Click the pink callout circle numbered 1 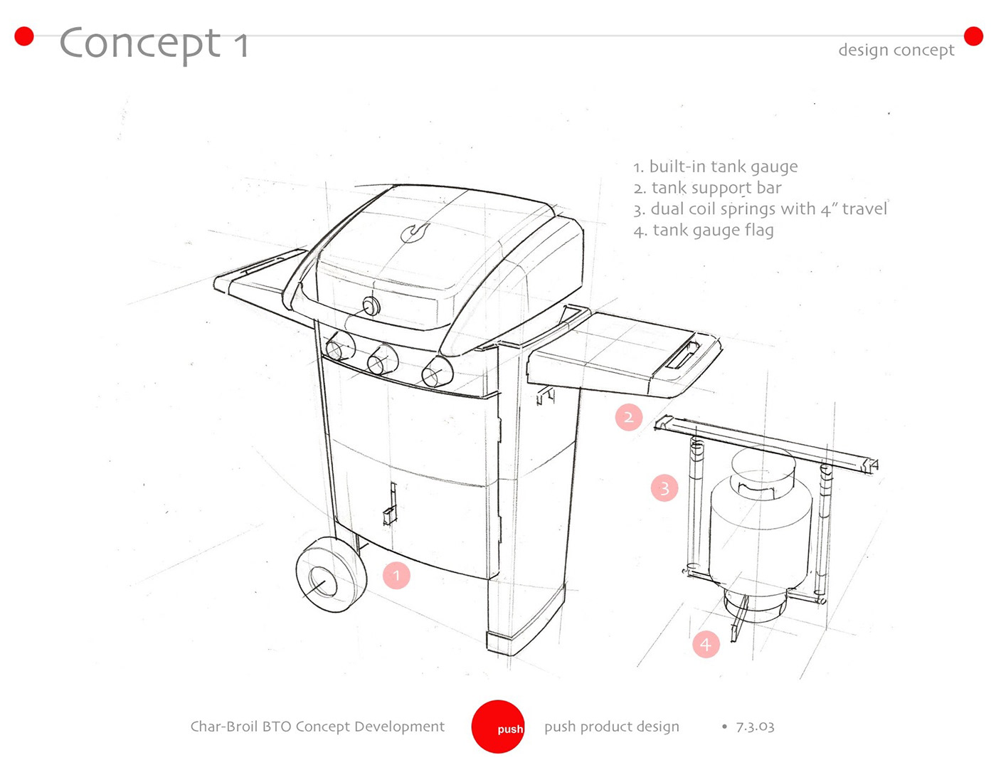pyautogui.click(x=396, y=575)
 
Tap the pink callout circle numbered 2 pyautogui.click(x=629, y=417)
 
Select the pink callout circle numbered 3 pyautogui.click(x=664, y=488)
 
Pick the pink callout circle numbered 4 pyautogui.click(x=706, y=644)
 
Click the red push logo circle pyautogui.click(x=498, y=727)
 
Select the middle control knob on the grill pyautogui.click(x=382, y=360)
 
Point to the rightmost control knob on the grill pyautogui.click(x=436, y=371)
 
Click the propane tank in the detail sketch pyautogui.click(x=760, y=527)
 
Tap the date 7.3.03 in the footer pyautogui.click(x=755, y=727)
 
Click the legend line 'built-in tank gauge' pyautogui.click(x=716, y=167)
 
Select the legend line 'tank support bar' pyautogui.click(x=708, y=188)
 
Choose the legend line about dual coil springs pyautogui.click(x=761, y=209)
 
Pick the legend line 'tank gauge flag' pyautogui.click(x=704, y=231)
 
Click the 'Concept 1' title pyautogui.click(x=154, y=43)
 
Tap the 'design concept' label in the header pyautogui.click(x=896, y=50)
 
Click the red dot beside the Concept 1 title pyautogui.click(x=24, y=36)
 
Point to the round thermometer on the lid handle pyautogui.click(x=371, y=307)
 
